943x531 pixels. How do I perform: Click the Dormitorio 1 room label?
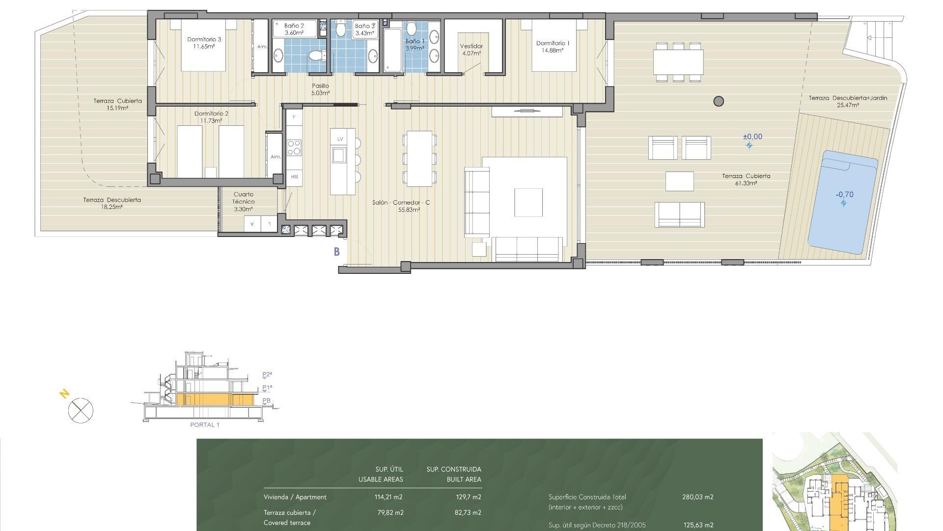(x=553, y=46)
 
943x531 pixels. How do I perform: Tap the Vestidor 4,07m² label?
(x=471, y=49)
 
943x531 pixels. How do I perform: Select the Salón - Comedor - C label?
(x=401, y=206)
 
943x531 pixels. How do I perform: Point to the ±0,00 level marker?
(x=752, y=137)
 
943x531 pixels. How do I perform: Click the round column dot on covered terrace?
(x=719, y=101)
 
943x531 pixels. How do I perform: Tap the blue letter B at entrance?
(x=337, y=252)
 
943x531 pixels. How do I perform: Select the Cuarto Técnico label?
(x=244, y=201)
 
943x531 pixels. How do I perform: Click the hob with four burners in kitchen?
(x=294, y=147)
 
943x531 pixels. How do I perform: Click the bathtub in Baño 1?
(x=393, y=50)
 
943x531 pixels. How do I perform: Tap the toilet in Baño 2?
(x=317, y=55)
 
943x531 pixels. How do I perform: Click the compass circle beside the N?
(x=81, y=411)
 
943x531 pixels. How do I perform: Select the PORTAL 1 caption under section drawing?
(x=204, y=425)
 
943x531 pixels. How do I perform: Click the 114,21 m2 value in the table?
(x=388, y=497)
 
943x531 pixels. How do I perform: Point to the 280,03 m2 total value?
(x=697, y=497)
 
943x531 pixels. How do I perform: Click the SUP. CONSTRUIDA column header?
(x=453, y=470)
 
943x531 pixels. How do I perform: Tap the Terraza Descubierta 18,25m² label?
(x=112, y=203)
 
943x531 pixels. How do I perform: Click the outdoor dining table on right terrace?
(x=678, y=62)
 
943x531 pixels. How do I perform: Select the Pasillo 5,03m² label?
(x=320, y=89)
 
